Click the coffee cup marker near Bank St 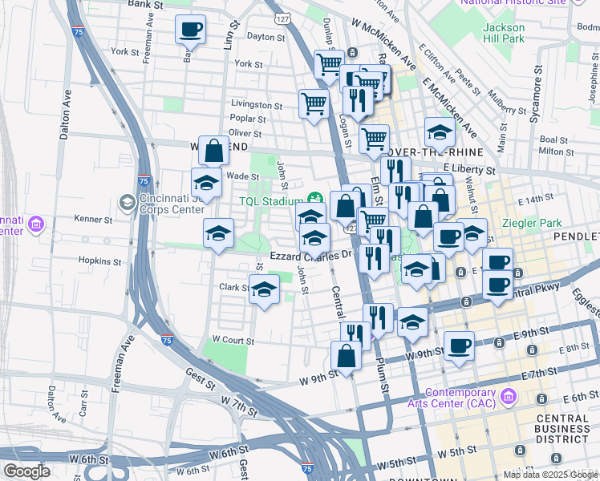(190, 30)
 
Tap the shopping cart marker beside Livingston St (313, 103)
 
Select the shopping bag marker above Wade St (214, 151)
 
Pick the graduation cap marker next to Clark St (263, 290)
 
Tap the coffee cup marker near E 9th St (459, 346)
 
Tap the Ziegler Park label (524, 224)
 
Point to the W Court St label (233, 341)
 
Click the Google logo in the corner (26, 471)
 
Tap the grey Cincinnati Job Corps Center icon (126, 200)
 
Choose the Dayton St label (266, 37)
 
